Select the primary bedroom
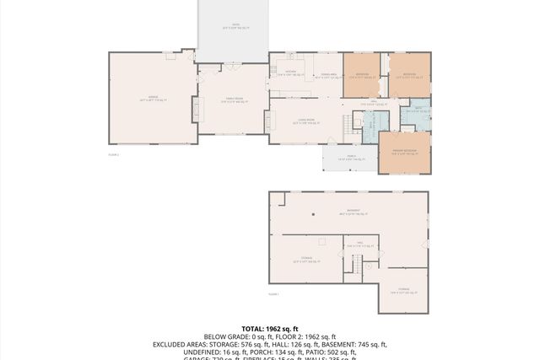404,153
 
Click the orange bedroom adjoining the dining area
364,74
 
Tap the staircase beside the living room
348,127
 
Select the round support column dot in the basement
312,214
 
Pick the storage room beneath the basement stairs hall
402,291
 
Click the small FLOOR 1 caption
273,294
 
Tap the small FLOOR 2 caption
113,155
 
